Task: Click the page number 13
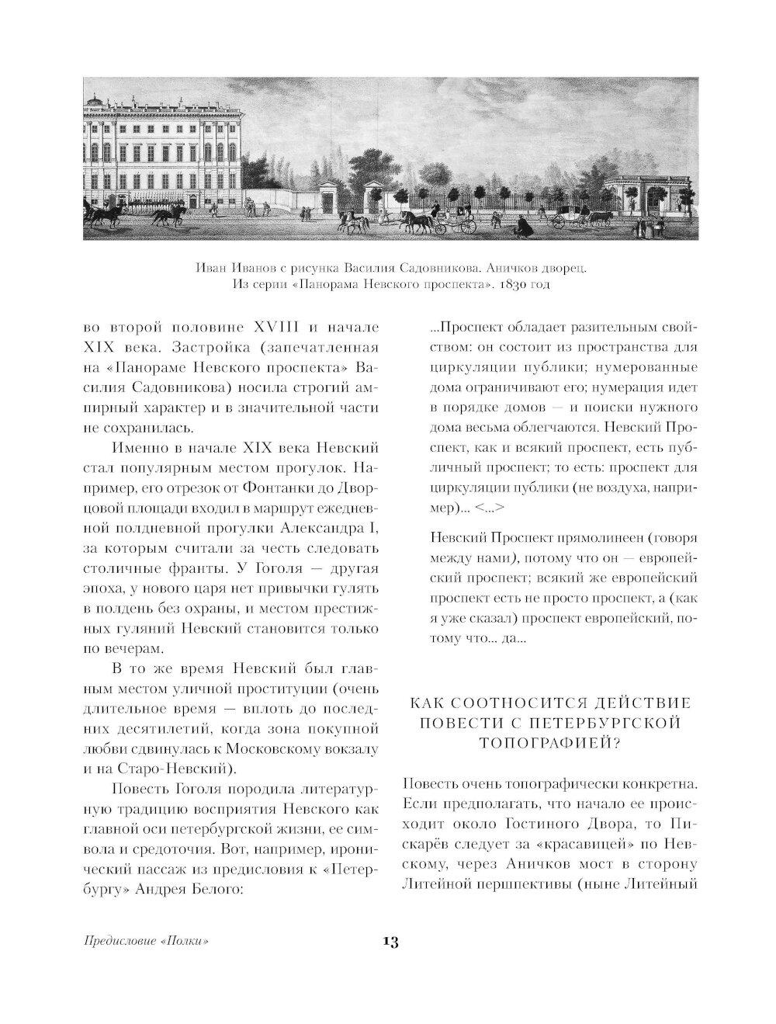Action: click(x=390, y=942)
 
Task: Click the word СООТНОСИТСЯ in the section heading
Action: click(x=525, y=703)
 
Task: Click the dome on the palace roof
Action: click(x=95, y=100)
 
